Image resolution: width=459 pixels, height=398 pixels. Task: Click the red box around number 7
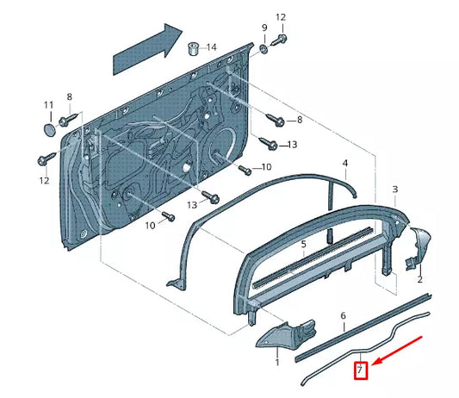click(363, 372)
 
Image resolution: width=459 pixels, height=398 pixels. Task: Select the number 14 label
click(212, 47)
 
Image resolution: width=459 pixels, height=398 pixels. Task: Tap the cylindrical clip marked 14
click(195, 45)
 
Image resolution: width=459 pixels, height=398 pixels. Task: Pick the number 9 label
click(264, 28)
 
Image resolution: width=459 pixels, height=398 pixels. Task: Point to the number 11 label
click(48, 105)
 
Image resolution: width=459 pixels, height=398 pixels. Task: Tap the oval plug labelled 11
click(48, 128)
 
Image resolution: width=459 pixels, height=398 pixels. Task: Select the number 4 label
click(344, 163)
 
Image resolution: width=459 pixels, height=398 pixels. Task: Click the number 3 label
click(394, 189)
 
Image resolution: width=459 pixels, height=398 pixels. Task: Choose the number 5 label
click(303, 244)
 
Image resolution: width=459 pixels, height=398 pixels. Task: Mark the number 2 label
click(419, 280)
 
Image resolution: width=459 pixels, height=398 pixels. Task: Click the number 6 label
click(343, 316)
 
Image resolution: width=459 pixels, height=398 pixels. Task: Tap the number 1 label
click(276, 364)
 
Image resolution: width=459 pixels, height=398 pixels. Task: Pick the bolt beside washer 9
click(282, 40)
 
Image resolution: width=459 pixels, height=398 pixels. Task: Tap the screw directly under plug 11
click(45, 159)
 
